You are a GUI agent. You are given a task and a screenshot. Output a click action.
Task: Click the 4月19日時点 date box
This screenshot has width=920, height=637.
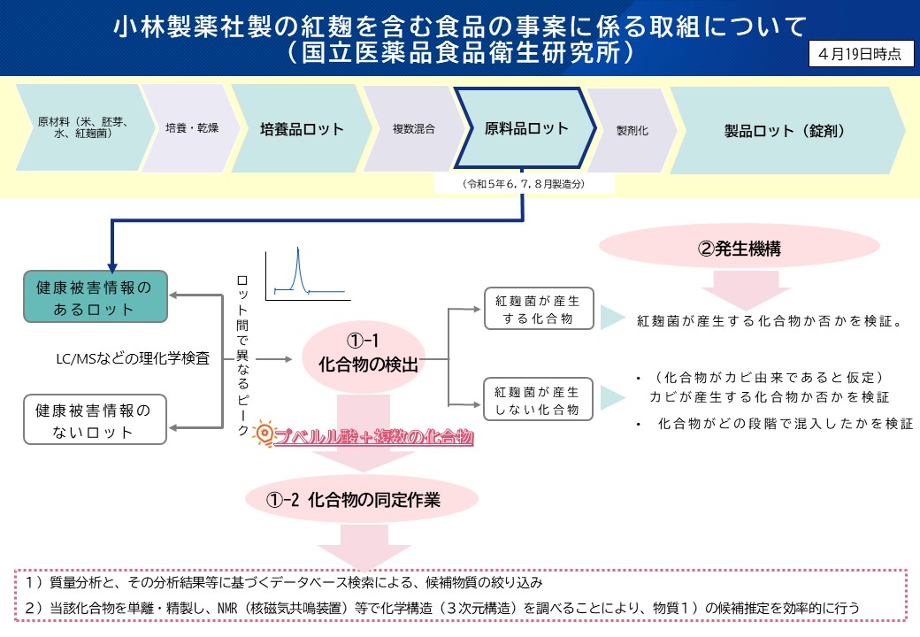pos(860,54)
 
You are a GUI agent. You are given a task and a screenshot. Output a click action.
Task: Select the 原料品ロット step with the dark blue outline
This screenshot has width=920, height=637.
pos(526,128)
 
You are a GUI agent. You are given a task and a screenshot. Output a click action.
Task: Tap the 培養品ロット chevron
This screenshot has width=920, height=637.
pos(302,129)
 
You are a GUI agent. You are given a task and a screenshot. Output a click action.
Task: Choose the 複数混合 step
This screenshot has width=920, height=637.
pos(413,129)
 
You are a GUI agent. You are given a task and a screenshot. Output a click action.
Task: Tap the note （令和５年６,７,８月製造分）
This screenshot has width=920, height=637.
pos(525,183)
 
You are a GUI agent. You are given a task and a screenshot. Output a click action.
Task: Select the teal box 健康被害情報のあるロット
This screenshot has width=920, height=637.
pos(94,297)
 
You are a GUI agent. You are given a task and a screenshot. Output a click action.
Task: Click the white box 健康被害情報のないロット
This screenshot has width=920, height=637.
pos(94,420)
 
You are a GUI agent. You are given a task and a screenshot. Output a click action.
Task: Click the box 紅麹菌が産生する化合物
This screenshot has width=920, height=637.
pos(538,309)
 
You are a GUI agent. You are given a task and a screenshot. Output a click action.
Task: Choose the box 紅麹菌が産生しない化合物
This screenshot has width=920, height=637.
pos(538,400)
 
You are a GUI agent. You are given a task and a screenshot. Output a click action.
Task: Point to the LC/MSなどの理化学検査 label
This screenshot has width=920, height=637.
pos(132,358)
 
